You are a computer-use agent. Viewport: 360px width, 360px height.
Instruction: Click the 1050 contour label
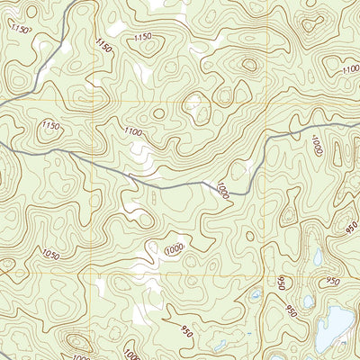click(x=49, y=256)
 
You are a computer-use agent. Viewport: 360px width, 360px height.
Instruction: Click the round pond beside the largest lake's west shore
click(x=309, y=301)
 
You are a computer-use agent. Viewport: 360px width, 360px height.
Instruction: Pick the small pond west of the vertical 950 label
click(x=256, y=294)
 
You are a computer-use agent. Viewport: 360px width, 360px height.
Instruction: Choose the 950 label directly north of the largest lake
click(x=333, y=282)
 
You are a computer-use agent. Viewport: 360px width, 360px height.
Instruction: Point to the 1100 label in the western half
click(x=133, y=132)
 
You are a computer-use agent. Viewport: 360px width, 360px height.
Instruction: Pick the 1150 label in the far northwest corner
click(x=21, y=30)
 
